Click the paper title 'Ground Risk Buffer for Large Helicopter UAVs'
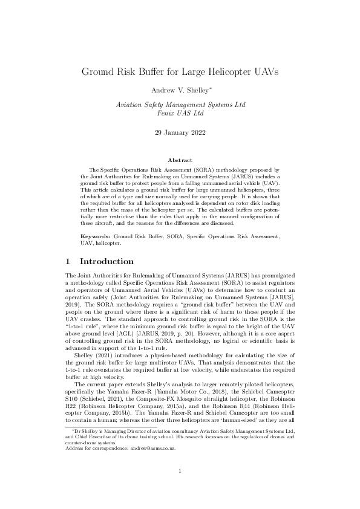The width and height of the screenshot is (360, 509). point(180,72)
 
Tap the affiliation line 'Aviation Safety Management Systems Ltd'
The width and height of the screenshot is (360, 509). point(180,105)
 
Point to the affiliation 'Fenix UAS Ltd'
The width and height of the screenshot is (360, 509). point(180,112)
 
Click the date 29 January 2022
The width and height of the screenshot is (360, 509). point(180,130)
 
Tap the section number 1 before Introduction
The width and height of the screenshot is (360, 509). point(68,262)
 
